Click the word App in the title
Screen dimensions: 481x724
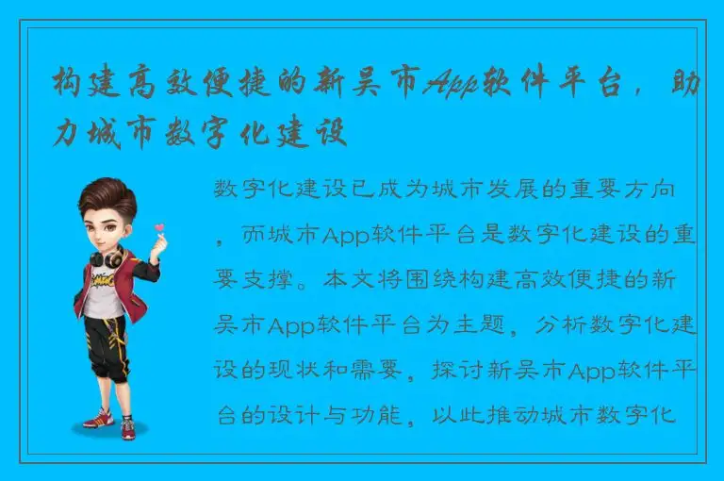[451, 84]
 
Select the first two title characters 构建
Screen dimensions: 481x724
[87, 84]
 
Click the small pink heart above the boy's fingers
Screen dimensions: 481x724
[158, 227]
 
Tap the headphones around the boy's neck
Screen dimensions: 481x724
[106, 257]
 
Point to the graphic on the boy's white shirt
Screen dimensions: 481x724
[104, 282]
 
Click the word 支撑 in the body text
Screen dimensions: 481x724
[261, 280]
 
